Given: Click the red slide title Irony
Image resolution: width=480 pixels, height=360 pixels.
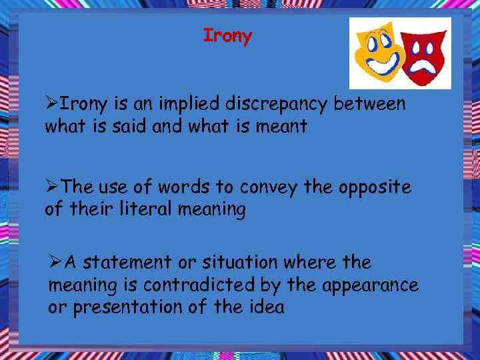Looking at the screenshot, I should coord(227,36).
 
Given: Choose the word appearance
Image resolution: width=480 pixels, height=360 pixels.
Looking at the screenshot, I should coord(371,285).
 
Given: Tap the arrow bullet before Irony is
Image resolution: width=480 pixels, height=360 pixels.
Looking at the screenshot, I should coord(51,105).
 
